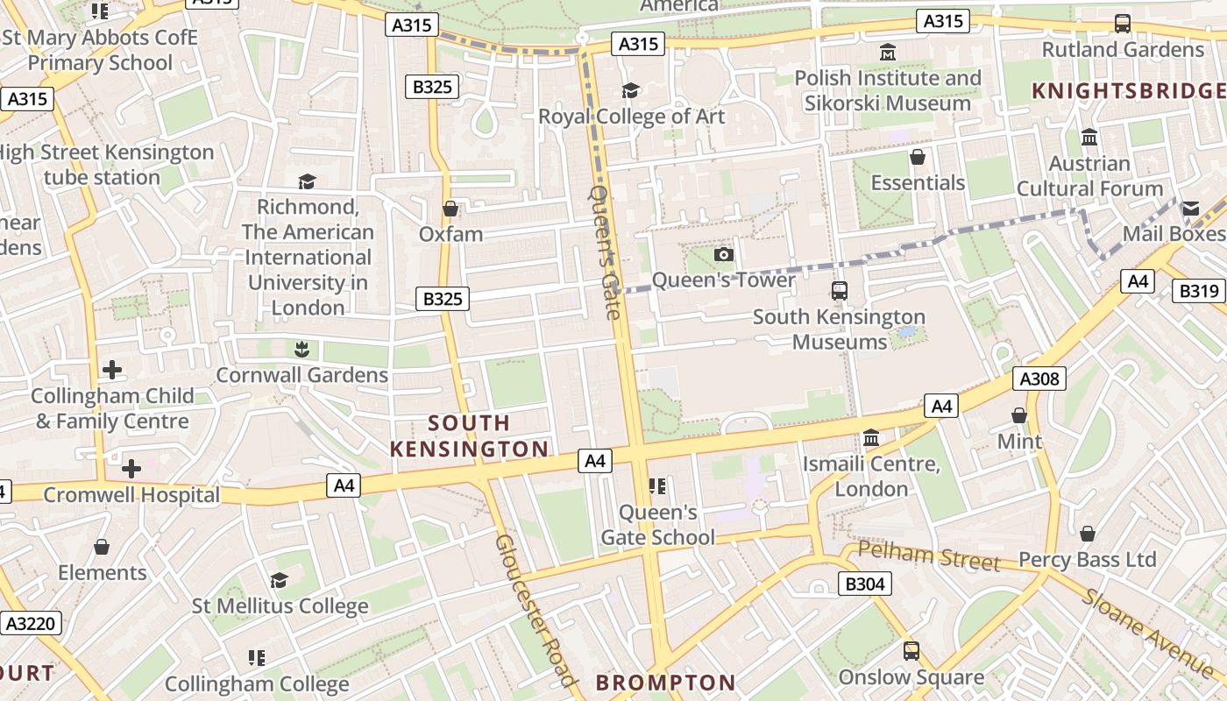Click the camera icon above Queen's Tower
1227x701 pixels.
(x=723, y=255)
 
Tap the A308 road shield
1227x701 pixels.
(x=1039, y=379)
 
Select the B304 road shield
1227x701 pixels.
(x=864, y=584)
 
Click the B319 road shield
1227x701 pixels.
(x=1198, y=292)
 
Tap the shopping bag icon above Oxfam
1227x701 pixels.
(x=450, y=209)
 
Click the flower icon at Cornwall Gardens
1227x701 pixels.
(x=301, y=350)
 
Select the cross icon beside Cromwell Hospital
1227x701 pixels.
(x=131, y=469)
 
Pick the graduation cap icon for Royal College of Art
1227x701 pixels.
(x=630, y=90)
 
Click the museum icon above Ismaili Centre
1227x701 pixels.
(x=871, y=437)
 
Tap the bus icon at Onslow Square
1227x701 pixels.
(x=911, y=651)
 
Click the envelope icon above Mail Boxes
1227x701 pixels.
(x=1190, y=209)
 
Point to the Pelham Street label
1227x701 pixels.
(x=928, y=556)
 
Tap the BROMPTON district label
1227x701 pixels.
(x=666, y=683)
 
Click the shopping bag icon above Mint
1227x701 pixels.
(x=1019, y=415)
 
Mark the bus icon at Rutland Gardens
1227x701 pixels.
(x=1122, y=24)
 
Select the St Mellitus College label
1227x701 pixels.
(x=280, y=606)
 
